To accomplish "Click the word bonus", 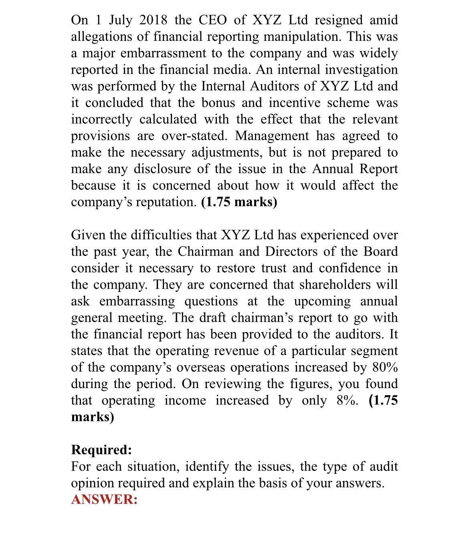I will pyautogui.click(x=218, y=103).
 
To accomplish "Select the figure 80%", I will pyautogui.click(x=385, y=367).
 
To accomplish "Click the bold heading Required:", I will pyautogui.click(x=101, y=450).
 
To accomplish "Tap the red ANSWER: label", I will pyautogui.click(x=104, y=499).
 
